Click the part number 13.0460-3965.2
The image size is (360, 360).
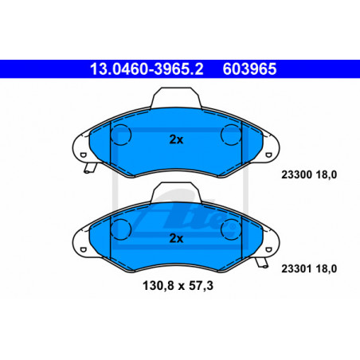point(147,69)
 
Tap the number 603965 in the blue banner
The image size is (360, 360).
point(249,69)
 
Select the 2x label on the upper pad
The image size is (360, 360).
point(176,139)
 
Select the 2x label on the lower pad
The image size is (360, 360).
point(176,238)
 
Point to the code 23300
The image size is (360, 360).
point(296,174)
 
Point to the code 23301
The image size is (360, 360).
point(296,268)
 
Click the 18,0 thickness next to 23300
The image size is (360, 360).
point(327,174)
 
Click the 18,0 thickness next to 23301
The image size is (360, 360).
point(327,268)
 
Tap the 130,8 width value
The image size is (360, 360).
point(158,286)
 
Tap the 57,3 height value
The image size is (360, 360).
point(201,286)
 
